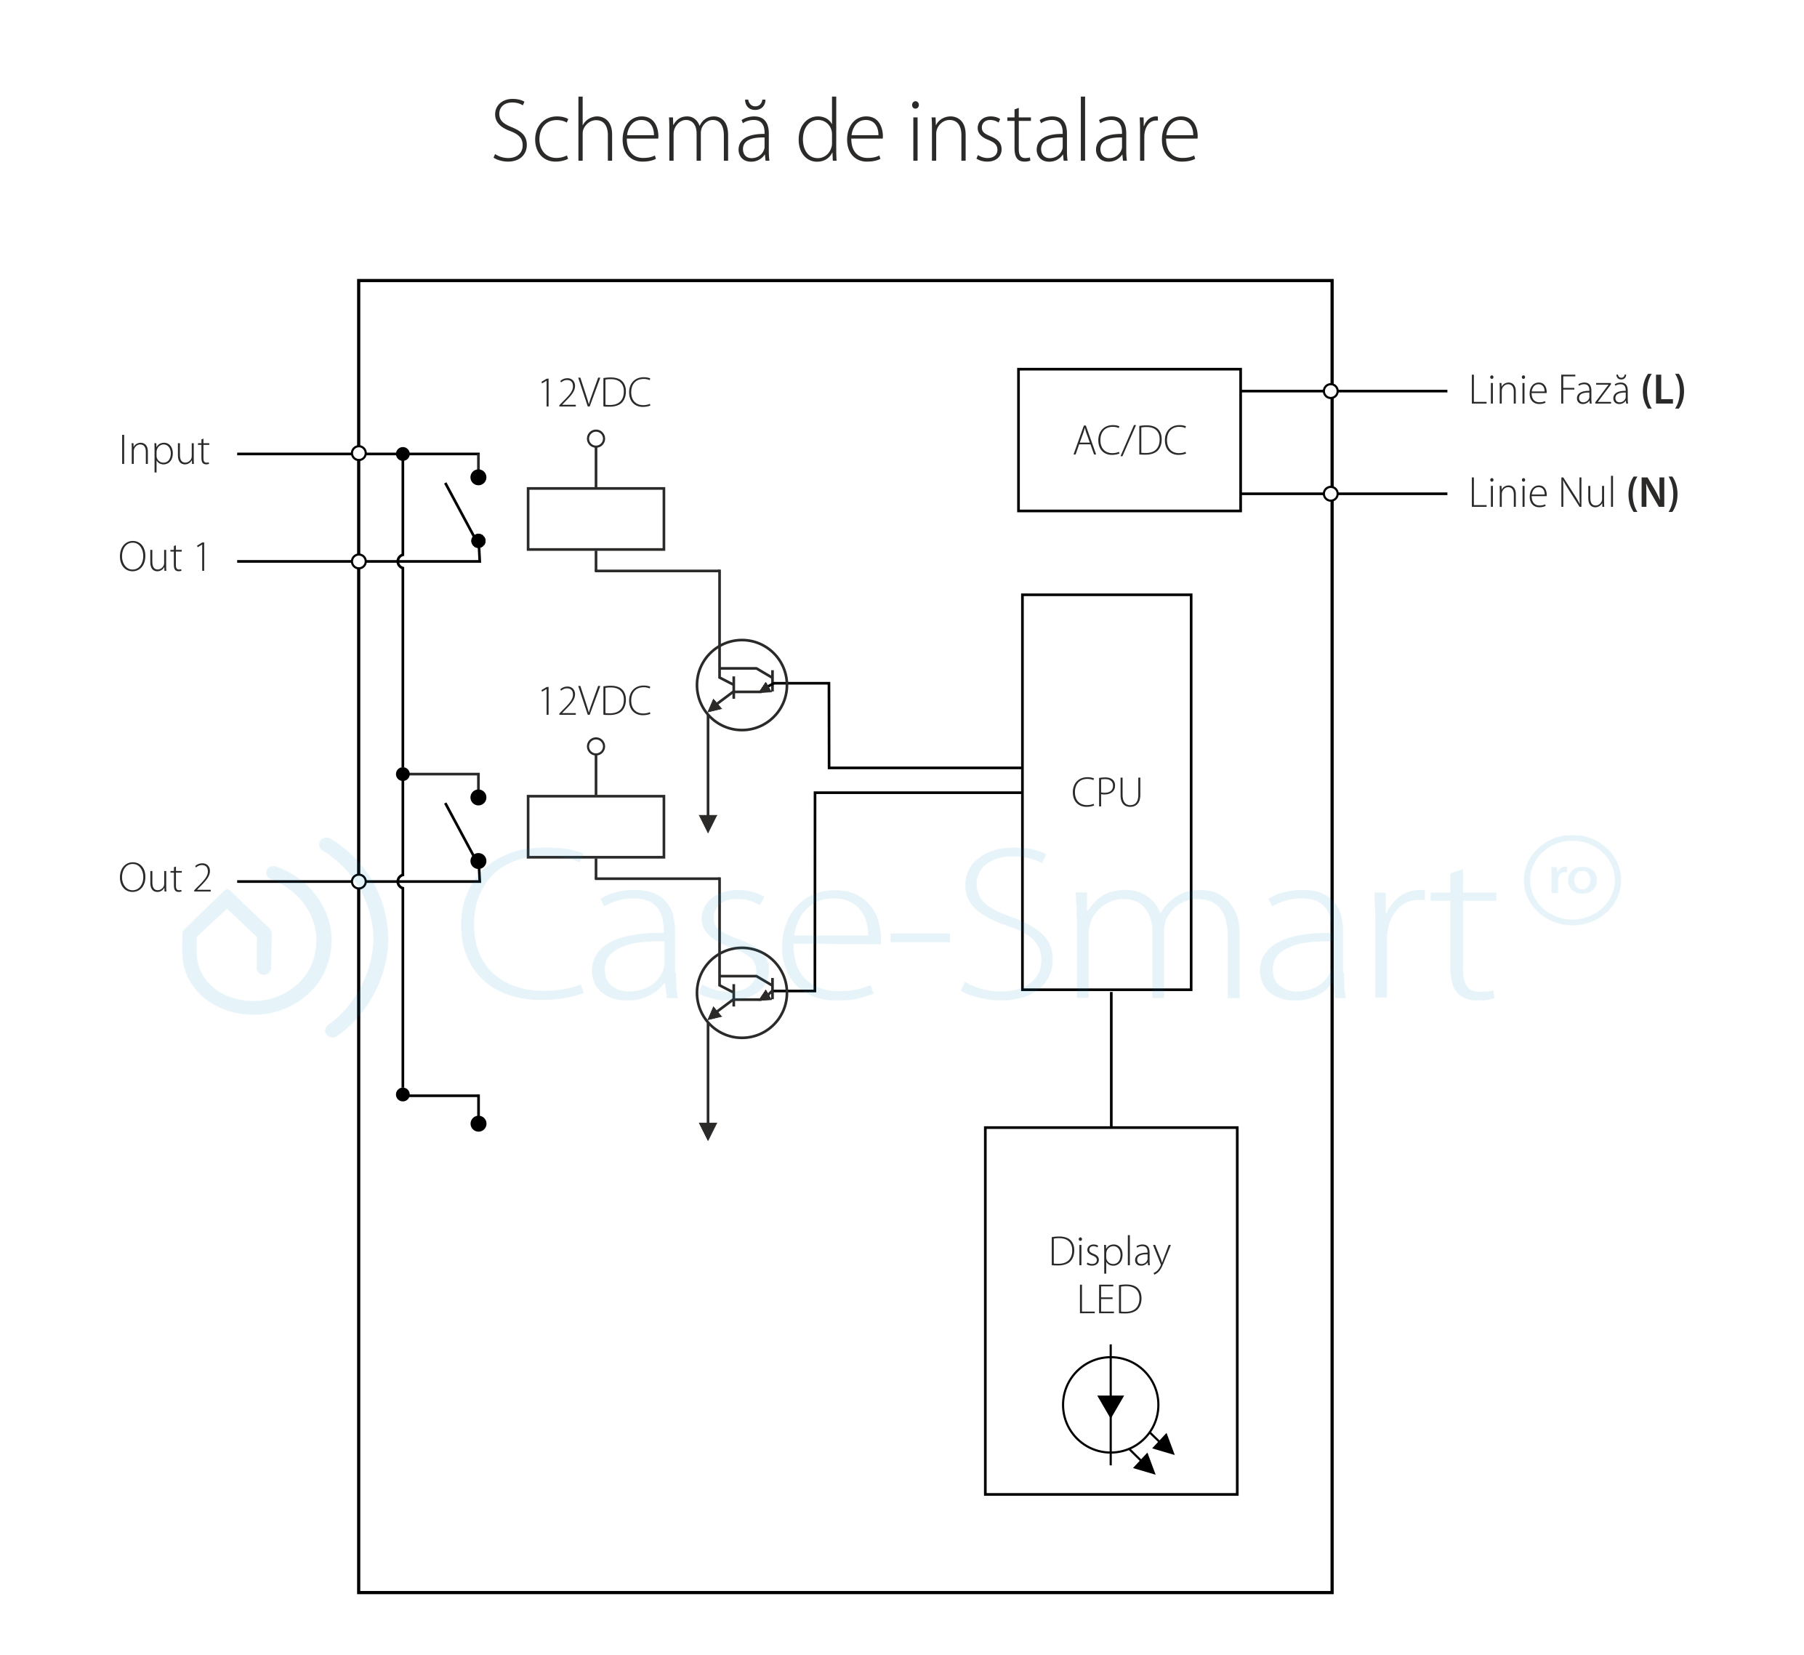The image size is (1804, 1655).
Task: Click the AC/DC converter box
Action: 1128,440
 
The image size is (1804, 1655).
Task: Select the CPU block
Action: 1106,792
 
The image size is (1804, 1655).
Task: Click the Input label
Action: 164,450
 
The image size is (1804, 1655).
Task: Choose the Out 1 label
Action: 164,557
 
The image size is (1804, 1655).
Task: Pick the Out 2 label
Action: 165,878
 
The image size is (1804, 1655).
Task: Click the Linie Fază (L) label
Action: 1576,390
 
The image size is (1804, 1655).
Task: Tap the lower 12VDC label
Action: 595,701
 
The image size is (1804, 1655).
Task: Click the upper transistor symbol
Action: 741,685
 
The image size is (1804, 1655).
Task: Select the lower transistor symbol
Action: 741,993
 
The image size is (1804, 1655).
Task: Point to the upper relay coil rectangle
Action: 595,518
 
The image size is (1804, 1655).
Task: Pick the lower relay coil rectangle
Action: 595,827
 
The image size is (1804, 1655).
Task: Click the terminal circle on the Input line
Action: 359,453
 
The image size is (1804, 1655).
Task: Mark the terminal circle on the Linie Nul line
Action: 1330,494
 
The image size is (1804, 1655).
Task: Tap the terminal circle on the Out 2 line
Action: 359,881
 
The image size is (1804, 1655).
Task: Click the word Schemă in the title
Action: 631,132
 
